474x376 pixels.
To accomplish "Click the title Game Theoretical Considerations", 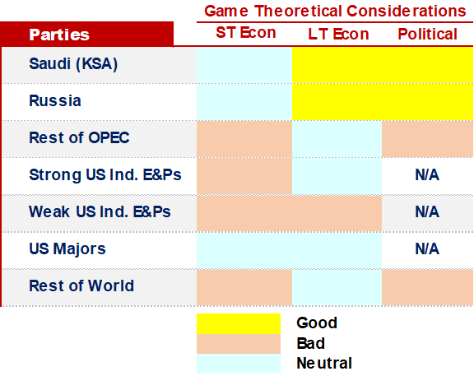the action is [x=335, y=12].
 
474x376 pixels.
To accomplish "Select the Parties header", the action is [x=59, y=35].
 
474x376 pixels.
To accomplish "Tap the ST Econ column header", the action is [x=246, y=33].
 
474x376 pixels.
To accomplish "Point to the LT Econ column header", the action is [x=338, y=34].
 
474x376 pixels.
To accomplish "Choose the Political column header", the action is [x=427, y=34].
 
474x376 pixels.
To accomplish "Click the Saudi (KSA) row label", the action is [x=73, y=64].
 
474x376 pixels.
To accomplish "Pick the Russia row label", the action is [x=55, y=100].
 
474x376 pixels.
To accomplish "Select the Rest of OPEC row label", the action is [x=79, y=138].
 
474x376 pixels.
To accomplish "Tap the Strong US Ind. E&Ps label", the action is [x=105, y=175].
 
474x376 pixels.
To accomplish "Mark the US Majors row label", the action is [x=67, y=249].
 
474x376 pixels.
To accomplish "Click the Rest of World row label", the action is [x=81, y=286].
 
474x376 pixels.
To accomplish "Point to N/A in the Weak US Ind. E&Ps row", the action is [x=427, y=212].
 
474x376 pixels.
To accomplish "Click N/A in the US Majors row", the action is [x=427, y=249].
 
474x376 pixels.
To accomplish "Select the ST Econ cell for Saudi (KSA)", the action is [x=244, y=65].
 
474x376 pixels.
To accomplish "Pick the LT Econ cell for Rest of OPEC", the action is [x=337, y=139].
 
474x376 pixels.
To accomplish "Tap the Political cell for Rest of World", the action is [x=427, y=287].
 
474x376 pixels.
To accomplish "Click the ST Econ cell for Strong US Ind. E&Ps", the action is [x=244, y=176].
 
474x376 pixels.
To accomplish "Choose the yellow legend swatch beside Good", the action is [x=239, y=323].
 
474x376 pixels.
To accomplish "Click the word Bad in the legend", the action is [x=311, y=343].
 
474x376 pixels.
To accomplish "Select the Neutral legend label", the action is [x=324, y=364].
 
